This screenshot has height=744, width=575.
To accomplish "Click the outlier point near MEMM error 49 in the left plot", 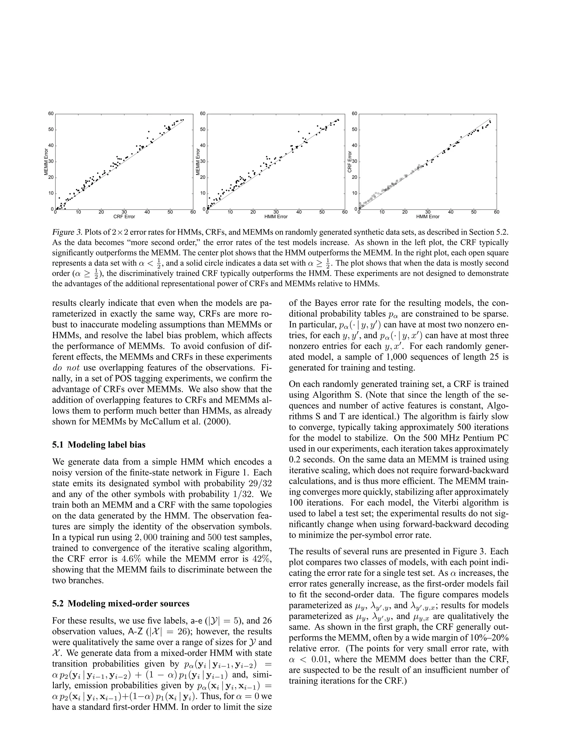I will pyautogui.click(x=149, y=131).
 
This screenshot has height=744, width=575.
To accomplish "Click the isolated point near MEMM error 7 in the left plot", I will pyautogui.click(x=59, y=198).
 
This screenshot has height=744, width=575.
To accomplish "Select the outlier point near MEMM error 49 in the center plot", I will pyautogui.click(x=299, y=131).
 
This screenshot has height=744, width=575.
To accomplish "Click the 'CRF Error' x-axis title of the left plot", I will pyautogui.click(x=124, y=217).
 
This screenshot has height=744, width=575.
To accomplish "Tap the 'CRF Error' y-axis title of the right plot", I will pyautogui.click(x=350, y=161).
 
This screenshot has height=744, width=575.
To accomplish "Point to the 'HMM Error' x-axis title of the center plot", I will pyautogui.click(x=276, y=217).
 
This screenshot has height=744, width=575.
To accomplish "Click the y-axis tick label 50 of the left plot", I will pyautogui.click(x=51, y=129).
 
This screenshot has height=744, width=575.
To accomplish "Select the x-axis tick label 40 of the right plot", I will pyautogui.click(x=451, y=212).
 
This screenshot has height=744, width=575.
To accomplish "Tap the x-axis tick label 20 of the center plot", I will pyautogui.click(x=253, y=212).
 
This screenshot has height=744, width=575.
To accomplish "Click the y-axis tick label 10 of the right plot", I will pyautogui.click(x=354, y=193).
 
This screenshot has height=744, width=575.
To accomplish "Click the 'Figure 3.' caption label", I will pyautogui.click(x=67, y=233).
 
